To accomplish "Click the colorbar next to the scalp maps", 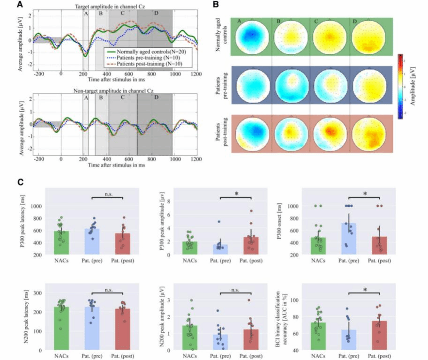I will (x=400, y=86).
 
